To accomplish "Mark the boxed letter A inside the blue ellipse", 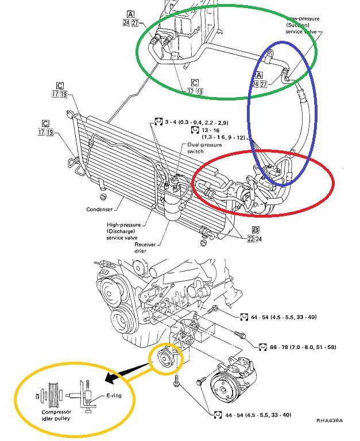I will (x=258, y=75).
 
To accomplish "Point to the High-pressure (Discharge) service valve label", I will (x=127, y=231).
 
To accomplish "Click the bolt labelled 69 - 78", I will (x=239, y=335).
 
